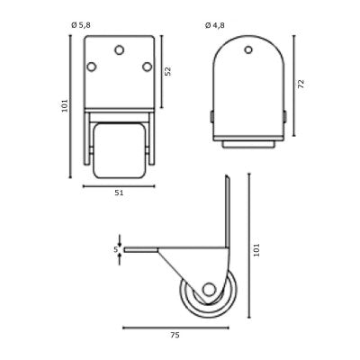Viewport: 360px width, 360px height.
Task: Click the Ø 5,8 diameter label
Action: pyautogui.click(x=81, y=25)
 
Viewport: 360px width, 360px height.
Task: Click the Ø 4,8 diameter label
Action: pyautogui.click(x=215, y=25)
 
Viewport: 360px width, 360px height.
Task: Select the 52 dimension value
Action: pyautogui.click(x=168, y=71)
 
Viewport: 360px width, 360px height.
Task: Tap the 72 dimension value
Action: pyautogui.click(x=301, y=84)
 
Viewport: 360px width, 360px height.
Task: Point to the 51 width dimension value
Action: pyautogui.click(x=119, y=193)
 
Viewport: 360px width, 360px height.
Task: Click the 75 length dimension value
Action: pyautogui.click(x=175, y=335)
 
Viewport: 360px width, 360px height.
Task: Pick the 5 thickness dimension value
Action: pyautogui.click(x=116, y=249)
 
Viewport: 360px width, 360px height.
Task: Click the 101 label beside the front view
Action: pyautogui.click(x=65, y=105)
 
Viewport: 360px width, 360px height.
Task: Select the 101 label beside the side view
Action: pyautogui.click(x=256, y=250)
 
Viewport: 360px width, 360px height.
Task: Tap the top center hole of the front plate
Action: pyautogui.click(x=120, y=50)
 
